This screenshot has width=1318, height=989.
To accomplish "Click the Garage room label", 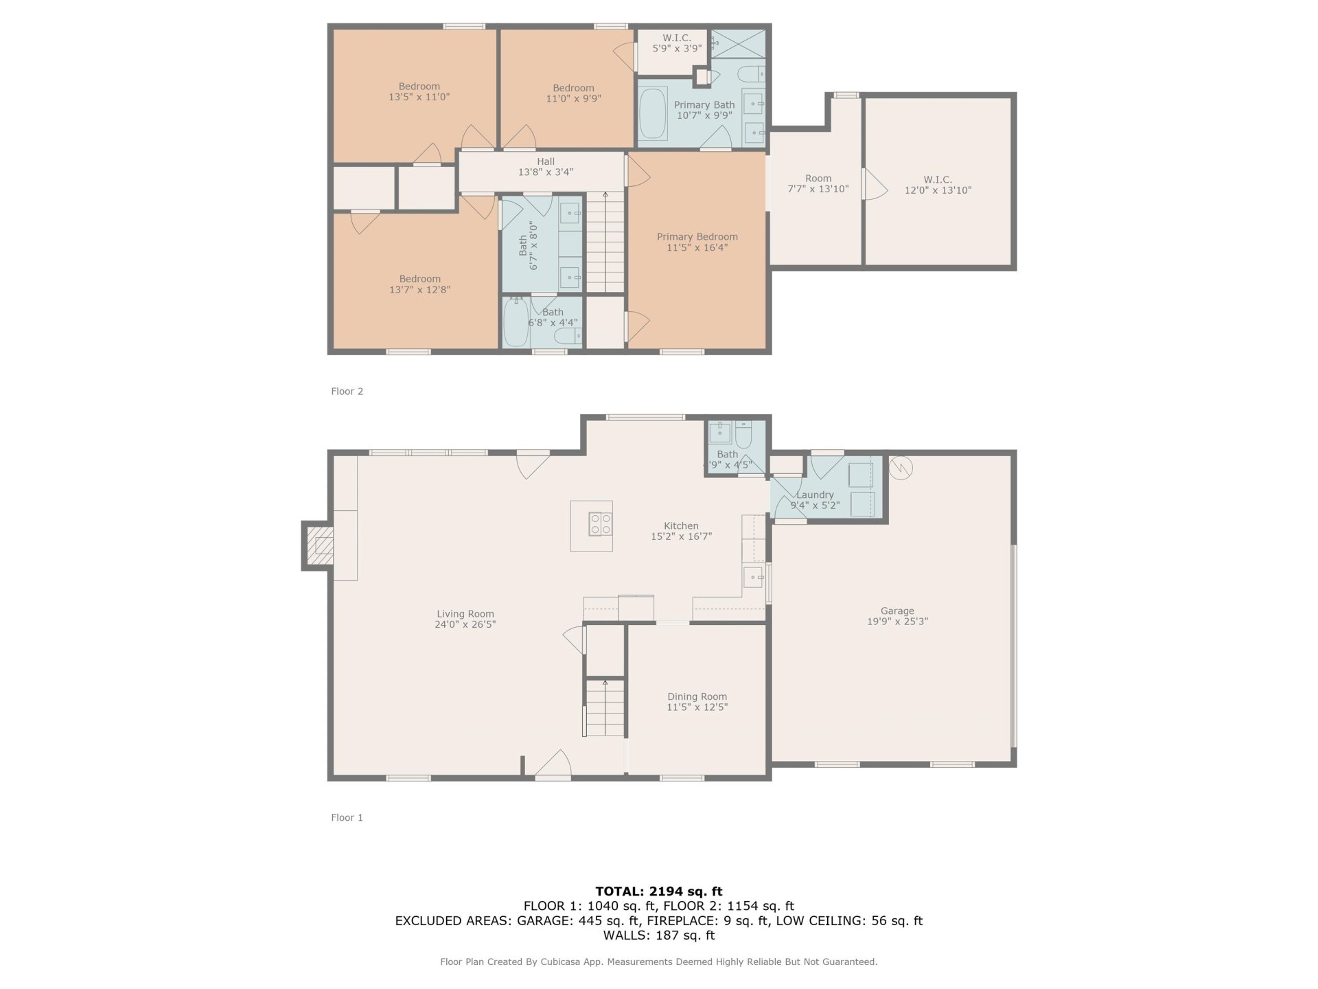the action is point(897,611).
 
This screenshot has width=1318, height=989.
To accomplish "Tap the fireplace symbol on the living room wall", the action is point(319,546).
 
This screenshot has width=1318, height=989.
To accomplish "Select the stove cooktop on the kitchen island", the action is point(601,524).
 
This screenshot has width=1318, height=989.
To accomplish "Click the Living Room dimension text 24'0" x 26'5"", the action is point(465,624).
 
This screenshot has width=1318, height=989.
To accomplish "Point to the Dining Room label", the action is point(697,696).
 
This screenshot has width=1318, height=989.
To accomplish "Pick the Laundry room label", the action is point(815,494).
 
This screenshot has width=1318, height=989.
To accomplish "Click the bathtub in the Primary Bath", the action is point(653,113).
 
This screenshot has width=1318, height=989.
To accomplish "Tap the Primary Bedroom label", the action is point(697,237).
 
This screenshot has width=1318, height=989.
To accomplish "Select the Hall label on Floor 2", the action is point(546,161).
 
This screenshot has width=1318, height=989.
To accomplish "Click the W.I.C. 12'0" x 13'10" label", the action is point(938,185).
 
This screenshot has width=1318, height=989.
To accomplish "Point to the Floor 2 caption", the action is point(347,391).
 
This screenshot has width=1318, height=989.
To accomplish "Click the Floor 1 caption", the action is point(347,817).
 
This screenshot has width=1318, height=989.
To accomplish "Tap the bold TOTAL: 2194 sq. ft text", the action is point(659,891).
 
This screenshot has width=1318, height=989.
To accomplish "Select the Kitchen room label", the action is point(681,525).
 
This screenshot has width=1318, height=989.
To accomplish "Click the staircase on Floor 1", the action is point(605,707).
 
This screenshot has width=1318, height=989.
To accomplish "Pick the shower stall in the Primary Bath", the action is point(737,44).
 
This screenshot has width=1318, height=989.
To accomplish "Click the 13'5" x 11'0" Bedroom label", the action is point(419,91).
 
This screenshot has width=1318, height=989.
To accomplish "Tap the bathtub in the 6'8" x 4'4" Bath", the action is point(516,322).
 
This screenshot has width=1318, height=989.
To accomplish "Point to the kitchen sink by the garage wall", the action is point(753,578).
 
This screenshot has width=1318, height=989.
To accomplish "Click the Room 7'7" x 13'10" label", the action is point(818,183).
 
